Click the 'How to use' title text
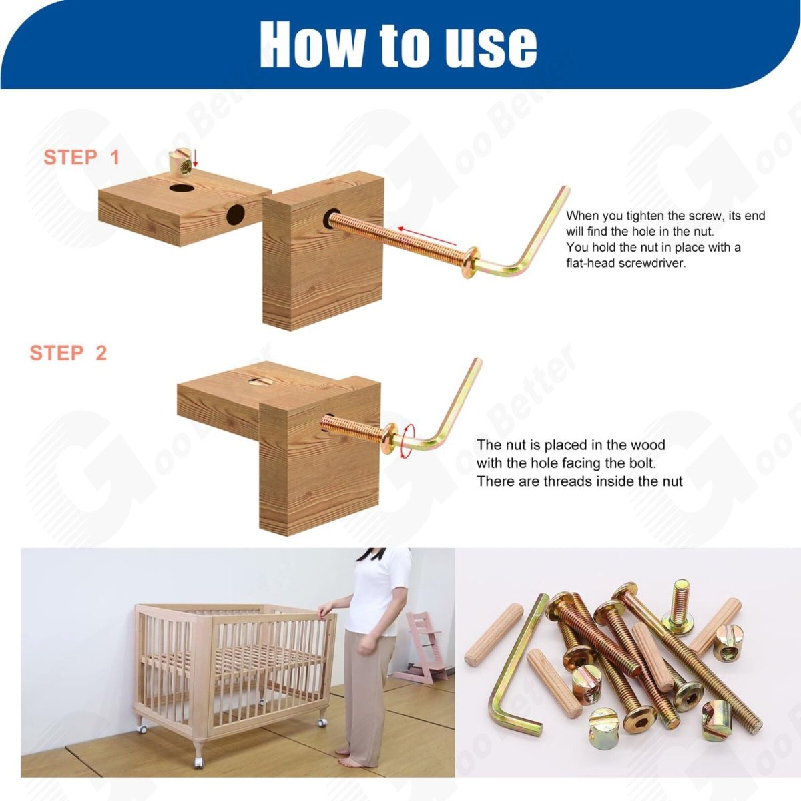click(x=398, y=44)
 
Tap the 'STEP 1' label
click(x=81, y=157)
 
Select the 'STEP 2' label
click(x=68, y=353)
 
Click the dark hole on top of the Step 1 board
click(x=182, y=188)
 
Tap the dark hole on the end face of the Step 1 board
click(x=236, y=214)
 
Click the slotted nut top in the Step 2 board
click(x=260, y=382)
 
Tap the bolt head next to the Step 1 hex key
click(x=470, y=262)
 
